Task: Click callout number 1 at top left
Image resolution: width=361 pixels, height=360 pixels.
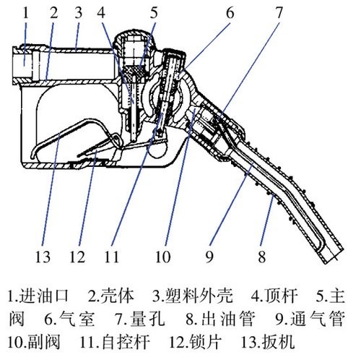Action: coord(26,12)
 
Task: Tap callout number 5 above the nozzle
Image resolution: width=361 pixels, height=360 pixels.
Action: coord(154,12)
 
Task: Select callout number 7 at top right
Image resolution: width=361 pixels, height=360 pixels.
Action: coord(279,12)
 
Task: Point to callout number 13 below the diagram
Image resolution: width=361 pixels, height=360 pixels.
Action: coord(43,257)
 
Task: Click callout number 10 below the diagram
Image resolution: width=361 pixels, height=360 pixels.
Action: coord(163,257)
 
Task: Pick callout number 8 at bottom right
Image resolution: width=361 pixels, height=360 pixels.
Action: coord(262,257)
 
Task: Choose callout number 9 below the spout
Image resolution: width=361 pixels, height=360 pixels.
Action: coord(209,257)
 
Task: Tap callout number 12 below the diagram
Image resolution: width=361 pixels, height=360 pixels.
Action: coord(77,257)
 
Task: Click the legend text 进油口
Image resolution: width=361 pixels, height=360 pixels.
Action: coord(44,296)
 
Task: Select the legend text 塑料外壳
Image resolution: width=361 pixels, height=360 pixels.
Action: coord(199,296)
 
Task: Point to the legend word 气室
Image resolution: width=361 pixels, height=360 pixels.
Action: coord(77,319)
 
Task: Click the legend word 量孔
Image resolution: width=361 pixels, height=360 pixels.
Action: coord(147,319)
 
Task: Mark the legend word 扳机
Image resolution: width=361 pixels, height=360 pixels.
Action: coord(279,342)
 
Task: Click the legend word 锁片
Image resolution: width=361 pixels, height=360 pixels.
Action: coord(205,342)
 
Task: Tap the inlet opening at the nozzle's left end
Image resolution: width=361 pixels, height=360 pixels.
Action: coord(22,63)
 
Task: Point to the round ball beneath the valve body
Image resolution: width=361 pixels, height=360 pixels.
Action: coord(157,150)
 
